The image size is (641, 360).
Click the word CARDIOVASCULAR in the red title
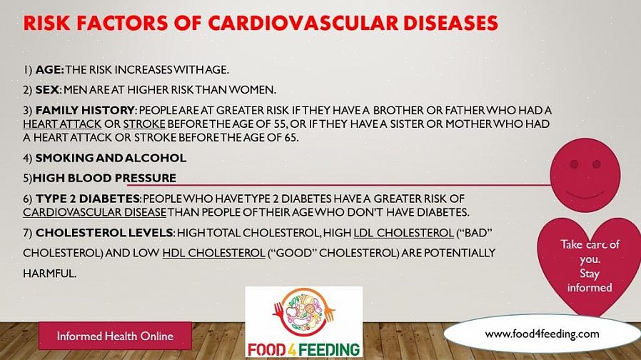pyautogui.click(x=303, y=23)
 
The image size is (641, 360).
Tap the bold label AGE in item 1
pyautogui.click(x=49, y=70)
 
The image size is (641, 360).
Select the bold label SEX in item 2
pyautogui.click(x=47, y=90)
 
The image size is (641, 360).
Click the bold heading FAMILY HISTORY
pyautogui.click(x=85, y=111)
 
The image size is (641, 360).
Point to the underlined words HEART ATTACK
pyautogui.click(x=62, y=124)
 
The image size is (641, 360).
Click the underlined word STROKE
pyautogui.click(x=144, y=124)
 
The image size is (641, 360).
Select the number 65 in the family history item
pyautogui.click(x=291, y=137)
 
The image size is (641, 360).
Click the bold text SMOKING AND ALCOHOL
pyautogui.click(x=111, y=158)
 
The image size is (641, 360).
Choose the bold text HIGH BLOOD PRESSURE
pyautogui.click(x=104, y=178)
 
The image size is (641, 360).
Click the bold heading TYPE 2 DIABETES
pyautogui.click(x=88, y=199)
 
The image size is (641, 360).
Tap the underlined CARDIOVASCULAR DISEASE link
pyautogui.click(x=94, y=212)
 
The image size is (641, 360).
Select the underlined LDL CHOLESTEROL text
pyautogui.click(x=403, y=233)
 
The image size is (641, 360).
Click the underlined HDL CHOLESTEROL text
pyautogui.click(x=214, y=253)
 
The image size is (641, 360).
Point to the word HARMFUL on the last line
pyautogui.click(x=49, y=274)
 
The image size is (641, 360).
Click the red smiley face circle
pyautogui.click(x=585, y=175)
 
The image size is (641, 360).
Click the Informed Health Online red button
pyautogui.click(x=116, y=336)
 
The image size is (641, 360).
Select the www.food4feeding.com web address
pyautogui.click(x=542, y=334)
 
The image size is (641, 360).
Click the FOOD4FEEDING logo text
pyautogui.click(x=304, y=350)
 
